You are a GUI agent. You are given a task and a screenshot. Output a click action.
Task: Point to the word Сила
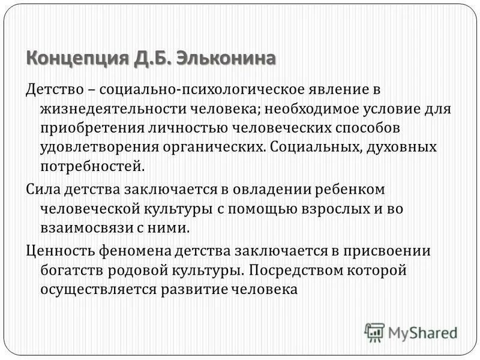pyautogui.click(x=42, y=191)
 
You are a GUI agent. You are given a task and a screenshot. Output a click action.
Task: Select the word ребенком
pyautogui.click(x=349, y=191)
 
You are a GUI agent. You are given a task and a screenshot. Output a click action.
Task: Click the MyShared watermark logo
pyautogui.click(x=410, y=331)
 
